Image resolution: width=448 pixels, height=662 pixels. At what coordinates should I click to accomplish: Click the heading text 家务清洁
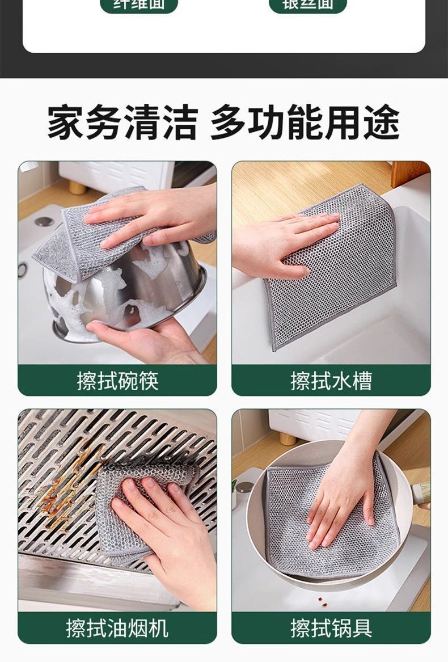(122, 122)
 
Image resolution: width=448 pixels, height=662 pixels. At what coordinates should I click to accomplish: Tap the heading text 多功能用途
(305, 122)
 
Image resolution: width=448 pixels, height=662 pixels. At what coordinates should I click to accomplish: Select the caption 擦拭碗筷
(117, 380)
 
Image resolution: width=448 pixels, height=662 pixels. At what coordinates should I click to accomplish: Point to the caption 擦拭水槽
(331, 380)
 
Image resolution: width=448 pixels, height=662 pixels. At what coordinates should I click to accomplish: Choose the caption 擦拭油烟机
(117, 627)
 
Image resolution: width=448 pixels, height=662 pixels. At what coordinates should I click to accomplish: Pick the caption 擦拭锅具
(331, 627)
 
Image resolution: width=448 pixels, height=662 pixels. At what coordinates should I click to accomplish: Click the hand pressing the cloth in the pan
(340, 499)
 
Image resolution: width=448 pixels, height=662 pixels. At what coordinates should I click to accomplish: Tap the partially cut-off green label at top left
(138, 5)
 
